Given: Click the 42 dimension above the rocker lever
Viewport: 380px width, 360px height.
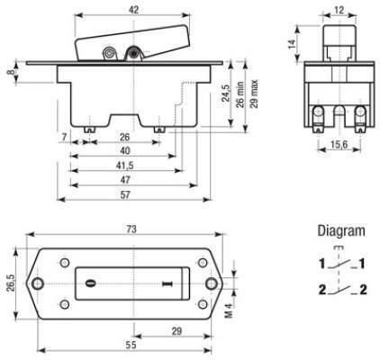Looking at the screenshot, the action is tap(133, 10).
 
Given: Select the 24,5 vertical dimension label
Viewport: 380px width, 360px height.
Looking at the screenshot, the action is tap(226, 93).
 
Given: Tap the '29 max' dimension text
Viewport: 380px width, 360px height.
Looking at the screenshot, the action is tap(254, 94).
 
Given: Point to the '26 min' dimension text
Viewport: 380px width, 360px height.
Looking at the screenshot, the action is tap(240, 94).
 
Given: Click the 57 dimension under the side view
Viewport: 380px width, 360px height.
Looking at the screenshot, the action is tap(125, 195).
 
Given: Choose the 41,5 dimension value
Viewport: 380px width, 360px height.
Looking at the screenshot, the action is tap(124, 166).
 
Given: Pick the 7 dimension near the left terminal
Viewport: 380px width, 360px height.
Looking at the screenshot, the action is tap(64, 137).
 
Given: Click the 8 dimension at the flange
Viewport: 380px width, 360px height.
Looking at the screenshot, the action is tap(11, 72).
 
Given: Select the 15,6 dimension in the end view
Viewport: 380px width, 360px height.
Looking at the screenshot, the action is tap(339, 145).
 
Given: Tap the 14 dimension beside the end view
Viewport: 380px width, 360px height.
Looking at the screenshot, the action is tap(292, 44).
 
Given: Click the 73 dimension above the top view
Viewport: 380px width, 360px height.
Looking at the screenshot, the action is tap(131, 229).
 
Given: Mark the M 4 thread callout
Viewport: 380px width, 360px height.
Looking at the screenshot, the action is tap(229, 310).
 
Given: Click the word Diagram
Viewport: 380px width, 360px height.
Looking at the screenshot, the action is tap(341, 230).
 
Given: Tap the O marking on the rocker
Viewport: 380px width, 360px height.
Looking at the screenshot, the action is tap(90, 283).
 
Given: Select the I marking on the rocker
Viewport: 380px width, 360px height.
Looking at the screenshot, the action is tap(166, 283).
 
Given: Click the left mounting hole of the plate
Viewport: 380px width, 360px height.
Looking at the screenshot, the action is tap(38, 283).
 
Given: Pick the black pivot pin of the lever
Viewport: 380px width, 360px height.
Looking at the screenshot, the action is tap(132, 53).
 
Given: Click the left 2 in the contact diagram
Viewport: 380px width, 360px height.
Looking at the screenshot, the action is tap(322, 290).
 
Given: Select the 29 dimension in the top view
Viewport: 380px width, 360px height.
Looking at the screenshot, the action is tap(176, 331).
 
